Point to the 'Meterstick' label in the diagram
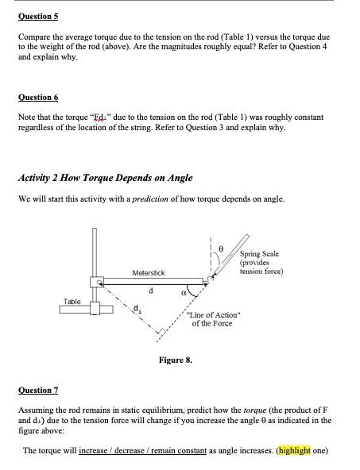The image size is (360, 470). tap(149, 272)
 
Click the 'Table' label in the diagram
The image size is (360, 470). tap(72, 302)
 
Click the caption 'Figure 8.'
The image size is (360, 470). tap(176, 360)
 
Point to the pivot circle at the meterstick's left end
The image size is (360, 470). tap(102, 281)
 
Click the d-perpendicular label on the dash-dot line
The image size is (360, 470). tap(137, 307)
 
